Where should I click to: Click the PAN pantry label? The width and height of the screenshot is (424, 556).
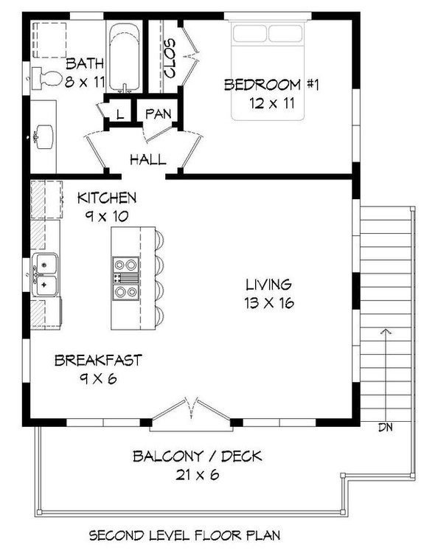pos(158,114)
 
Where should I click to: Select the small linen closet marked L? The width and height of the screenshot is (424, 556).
pos(119,113)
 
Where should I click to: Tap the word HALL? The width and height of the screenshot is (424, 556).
pos(147,159)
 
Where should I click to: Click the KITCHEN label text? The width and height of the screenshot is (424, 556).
pos(107,198)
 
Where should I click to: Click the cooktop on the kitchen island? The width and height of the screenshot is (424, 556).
pos(124,278)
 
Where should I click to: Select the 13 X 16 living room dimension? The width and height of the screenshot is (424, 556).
pos(268,302)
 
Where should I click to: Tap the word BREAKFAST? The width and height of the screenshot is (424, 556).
pos(98,361)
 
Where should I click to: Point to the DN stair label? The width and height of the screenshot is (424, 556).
pos(384,427)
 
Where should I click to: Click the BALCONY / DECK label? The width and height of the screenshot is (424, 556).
pos(197,456)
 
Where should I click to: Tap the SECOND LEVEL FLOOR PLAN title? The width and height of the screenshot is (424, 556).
pos(195,535)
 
